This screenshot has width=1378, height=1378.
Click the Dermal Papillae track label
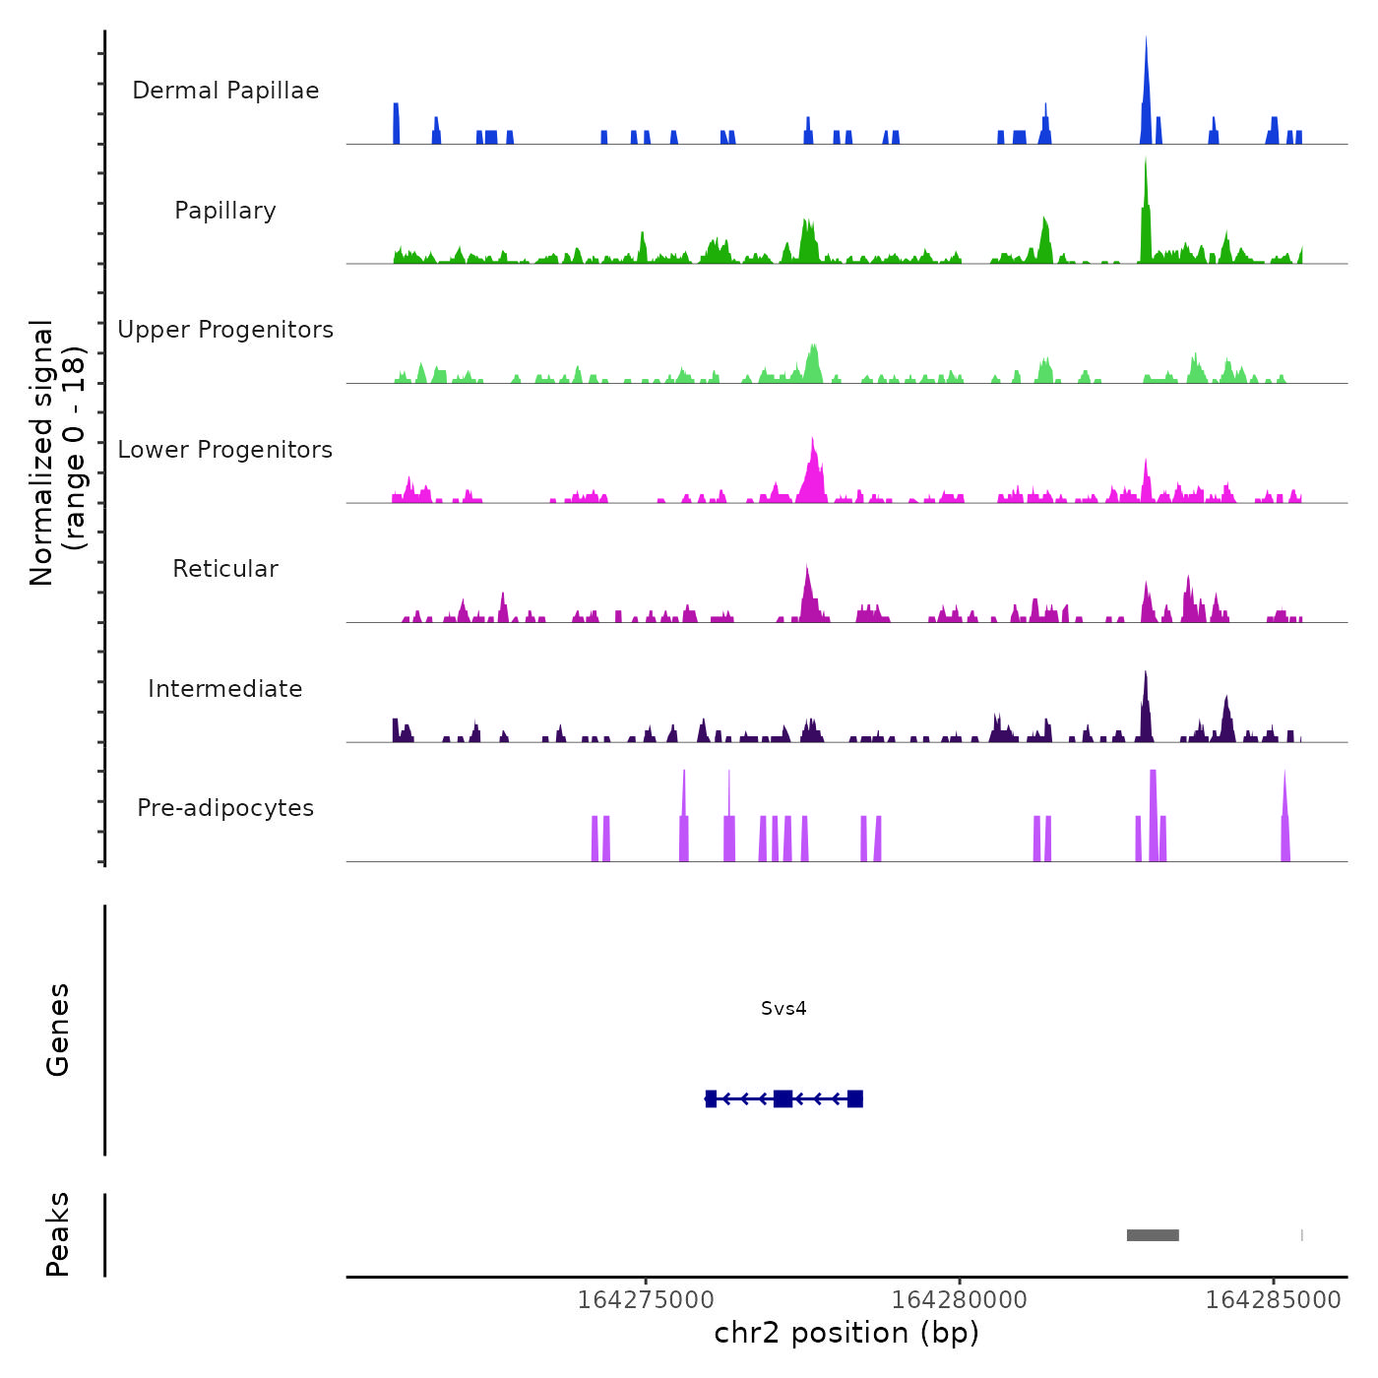[225, 91]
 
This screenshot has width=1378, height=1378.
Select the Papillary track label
[225, 211]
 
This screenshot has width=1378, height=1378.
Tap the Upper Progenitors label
[225, 330]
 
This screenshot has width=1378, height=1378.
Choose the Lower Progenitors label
[225, 450]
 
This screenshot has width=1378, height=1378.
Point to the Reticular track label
[225, 569]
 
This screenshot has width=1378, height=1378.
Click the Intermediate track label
[225, 689]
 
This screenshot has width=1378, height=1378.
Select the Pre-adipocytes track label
[225, 808]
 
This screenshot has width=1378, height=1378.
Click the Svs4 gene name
[783, 1009]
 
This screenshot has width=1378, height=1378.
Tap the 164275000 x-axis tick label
[646, 1299]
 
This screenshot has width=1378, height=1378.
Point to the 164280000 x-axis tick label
[960, 1299]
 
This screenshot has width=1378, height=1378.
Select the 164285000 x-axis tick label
[1273, 1299]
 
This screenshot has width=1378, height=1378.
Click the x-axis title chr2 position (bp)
[846, 1333]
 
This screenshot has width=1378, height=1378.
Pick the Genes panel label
[58, 1030]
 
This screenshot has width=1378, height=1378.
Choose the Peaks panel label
[58, 1234]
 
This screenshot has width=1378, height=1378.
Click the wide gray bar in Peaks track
[1153, 1235]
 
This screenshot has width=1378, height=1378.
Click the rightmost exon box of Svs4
[855, 1098]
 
